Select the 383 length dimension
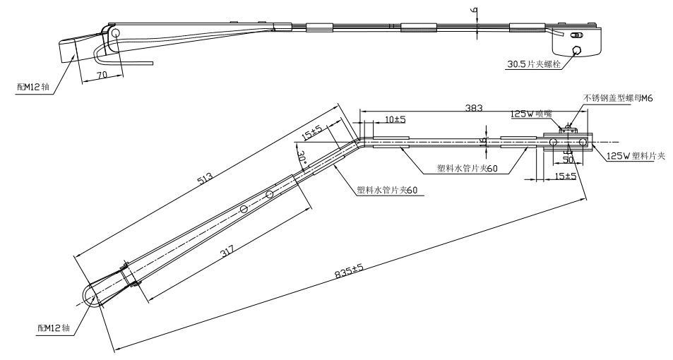point(474,108)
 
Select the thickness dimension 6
point(474,11)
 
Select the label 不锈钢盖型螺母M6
point(618,100)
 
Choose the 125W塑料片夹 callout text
point(635,156)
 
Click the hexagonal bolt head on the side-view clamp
point(578,50)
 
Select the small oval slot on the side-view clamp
point(578,35)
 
